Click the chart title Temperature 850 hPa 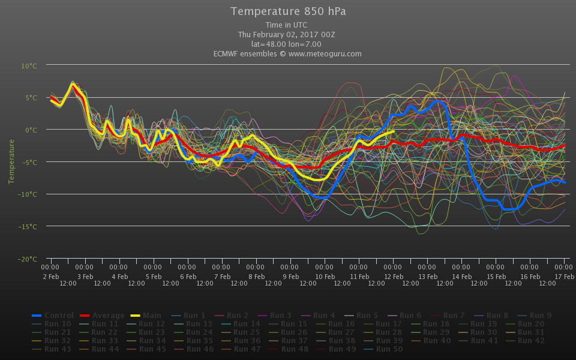click(x=288, y=11)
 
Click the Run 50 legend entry click(x=388, y=349)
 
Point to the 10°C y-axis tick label click(x=29, y=65)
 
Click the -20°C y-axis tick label click(x=28, y=259)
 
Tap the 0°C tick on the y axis click(x=31, y=130)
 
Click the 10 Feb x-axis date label click(x=325, y=276)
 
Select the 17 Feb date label click(x=564, y=276)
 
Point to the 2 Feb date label click(x=50, y=276)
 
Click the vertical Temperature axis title click(x=11, y=161)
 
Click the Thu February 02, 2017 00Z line click(x=286, y=34)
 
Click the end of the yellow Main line click(x=394, y=131)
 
